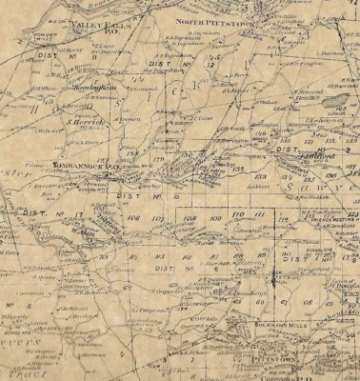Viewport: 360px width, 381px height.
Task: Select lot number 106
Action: tap(132, 218)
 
